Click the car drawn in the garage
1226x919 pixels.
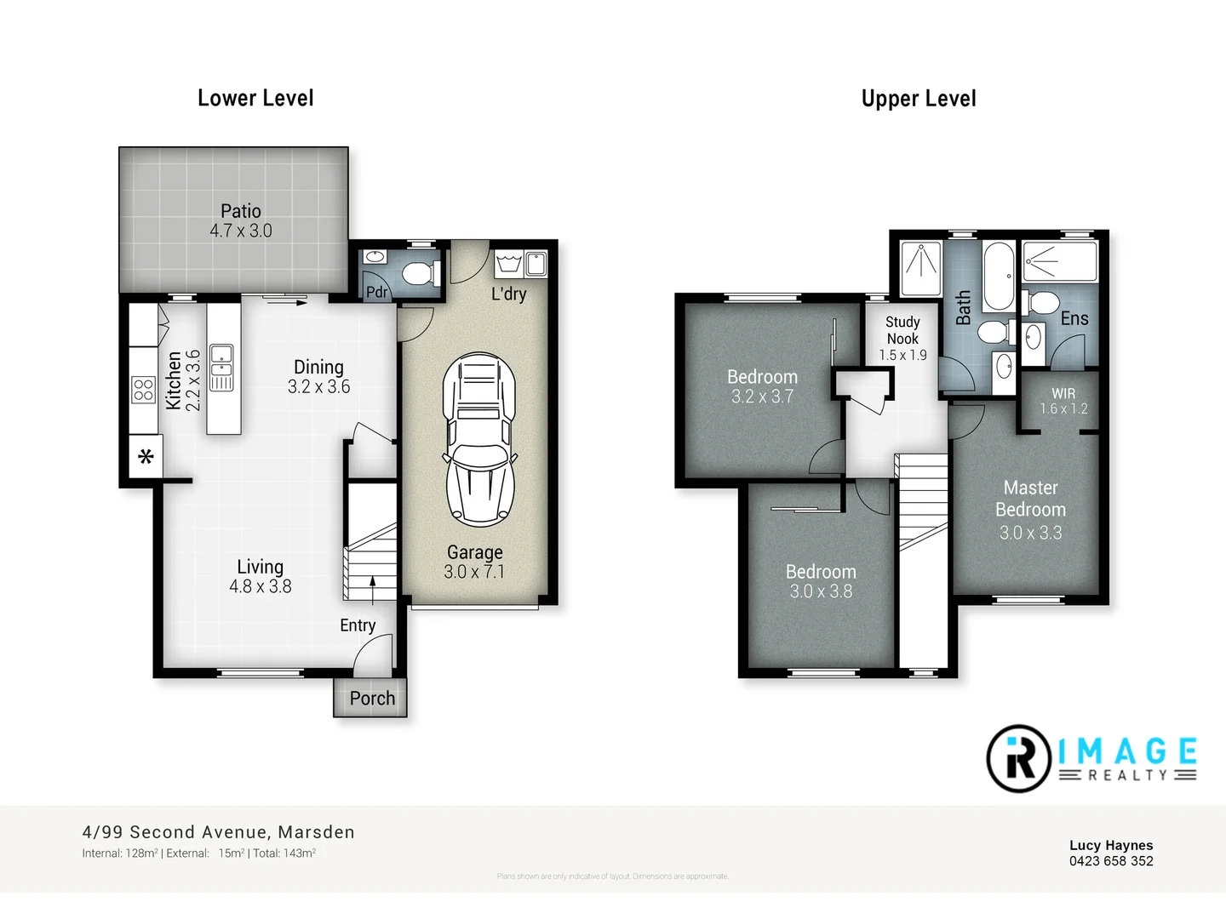click(479, 438)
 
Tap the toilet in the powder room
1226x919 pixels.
click(418, 273)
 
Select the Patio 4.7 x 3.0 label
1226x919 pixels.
click(241, 221)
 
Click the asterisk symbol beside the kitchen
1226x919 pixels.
click(146, 457)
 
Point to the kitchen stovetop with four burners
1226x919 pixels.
click(143, 390)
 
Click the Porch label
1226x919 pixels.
click(372, 699)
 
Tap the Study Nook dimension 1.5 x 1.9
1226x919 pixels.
click(902, 355)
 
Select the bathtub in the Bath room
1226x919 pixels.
click(999, 276)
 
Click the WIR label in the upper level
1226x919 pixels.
click(1063, 393)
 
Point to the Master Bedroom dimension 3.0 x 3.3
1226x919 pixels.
click(1030, 533)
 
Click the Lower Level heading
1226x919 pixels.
click(255, 99)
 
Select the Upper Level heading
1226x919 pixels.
click(919, 99)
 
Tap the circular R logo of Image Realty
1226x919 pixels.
click(1018, 758)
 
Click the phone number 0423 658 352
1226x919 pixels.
click(1111, 861)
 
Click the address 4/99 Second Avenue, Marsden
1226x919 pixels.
click(218, 832)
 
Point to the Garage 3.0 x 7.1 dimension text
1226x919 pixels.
click(474, 572)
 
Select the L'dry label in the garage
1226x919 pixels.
click(508, 294)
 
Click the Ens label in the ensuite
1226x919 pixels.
click(1074, 318)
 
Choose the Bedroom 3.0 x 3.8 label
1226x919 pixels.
click(821, 581)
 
